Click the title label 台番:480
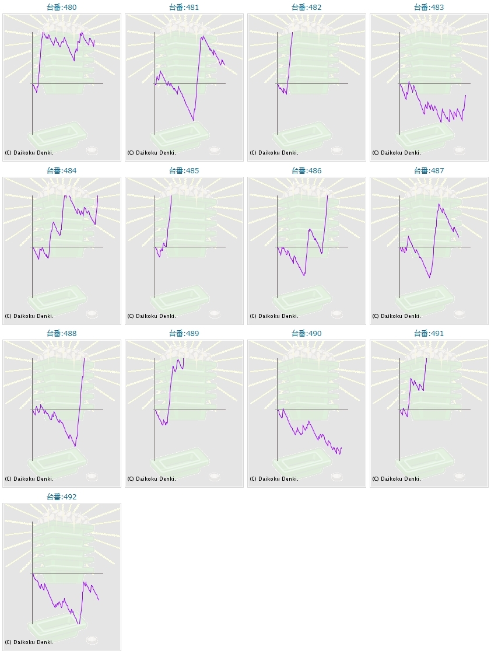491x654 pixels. pos(61,8)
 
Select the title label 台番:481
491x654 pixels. pos(184,8)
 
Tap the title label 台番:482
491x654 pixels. pos(306,8)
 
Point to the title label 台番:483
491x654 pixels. pos(429,8)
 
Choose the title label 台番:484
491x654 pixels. pos(61,171)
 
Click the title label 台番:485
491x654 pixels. pos(184,171)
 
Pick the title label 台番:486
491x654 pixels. pos(306,171)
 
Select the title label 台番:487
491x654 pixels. pos(429,171)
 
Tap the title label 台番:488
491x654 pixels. pos(61,334)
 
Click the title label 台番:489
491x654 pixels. pos(184,334)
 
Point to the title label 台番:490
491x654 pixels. pos(306,334)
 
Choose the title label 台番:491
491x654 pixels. pos(429,334)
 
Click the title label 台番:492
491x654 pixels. pos(61,497)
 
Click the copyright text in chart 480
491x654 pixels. pos(29,153)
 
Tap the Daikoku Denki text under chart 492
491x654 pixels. pos(29,642)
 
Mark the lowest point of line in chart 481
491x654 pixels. pos(194,120)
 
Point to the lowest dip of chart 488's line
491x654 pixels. pos(75,446)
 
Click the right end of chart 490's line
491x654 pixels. pos(342,448)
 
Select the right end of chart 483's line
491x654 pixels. pos(465,95)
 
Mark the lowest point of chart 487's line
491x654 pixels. pos(430,278)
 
